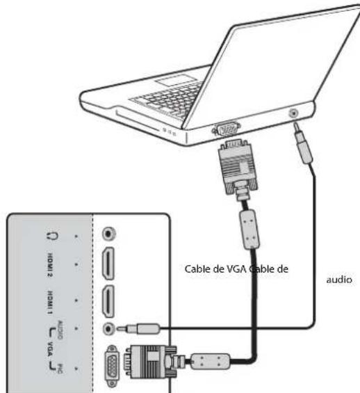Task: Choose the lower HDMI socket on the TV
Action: tap(108, 300)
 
